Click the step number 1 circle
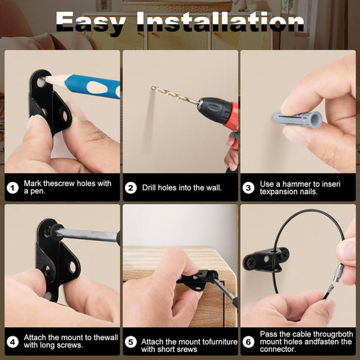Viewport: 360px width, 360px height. pyautogui.click(x=12, y=188)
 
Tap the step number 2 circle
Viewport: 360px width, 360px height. pyautogui.click(x=131, y=188)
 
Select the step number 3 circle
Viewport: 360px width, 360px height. pyautogui.click(x=248, y=188)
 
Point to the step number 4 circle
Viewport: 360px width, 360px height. pyautogui.click(x=12, y=342)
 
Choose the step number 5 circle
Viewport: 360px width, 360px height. pyautogui.click(x=131, y=342)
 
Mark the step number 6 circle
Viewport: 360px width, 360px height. pyautogui.click(x=248, y=342)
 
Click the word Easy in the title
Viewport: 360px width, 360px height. pyautogui.click(x=91, y=22)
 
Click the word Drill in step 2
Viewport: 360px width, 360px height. pyautogui.click(x=149, y=187)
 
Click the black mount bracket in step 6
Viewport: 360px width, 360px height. pyautogui.click(x=266, y=259)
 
